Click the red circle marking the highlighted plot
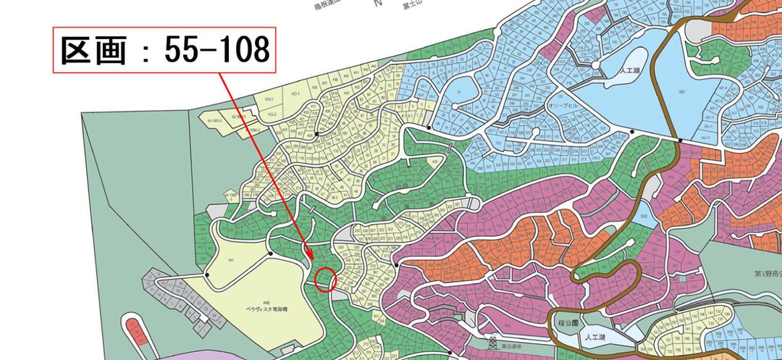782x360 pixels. tap(327, 279)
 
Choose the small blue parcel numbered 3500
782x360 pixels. tap(643, 216)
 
